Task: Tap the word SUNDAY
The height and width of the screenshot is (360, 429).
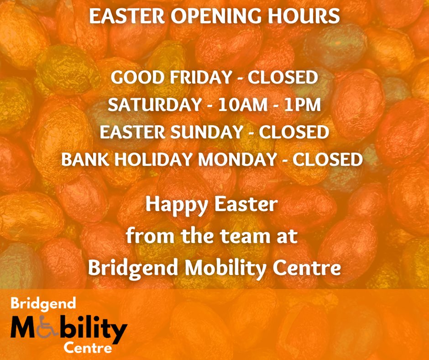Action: (x=208, y=132)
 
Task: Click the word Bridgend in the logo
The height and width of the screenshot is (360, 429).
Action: (x=37, y=303)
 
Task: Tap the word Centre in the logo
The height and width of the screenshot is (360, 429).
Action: (x=88, y=349)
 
